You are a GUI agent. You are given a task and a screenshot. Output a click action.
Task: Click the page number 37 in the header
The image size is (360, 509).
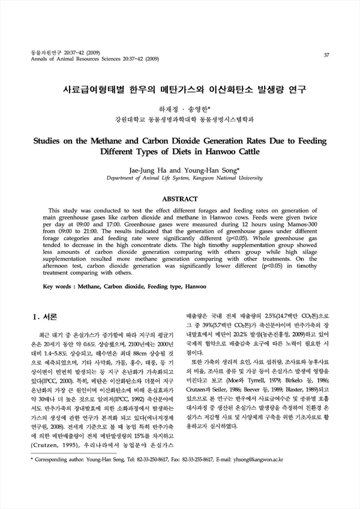326,56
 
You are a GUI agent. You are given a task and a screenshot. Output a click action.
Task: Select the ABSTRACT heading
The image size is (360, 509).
180,199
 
